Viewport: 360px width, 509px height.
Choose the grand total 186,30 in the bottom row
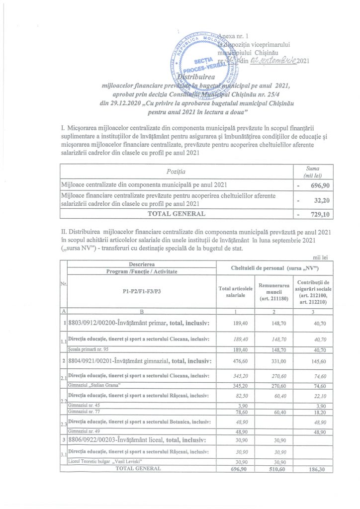click(310, 469)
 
